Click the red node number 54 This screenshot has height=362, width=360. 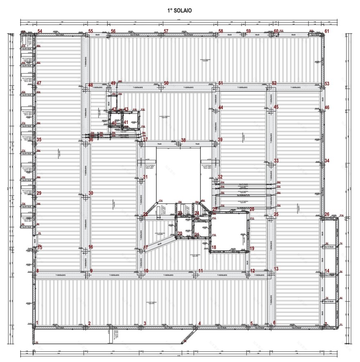click(40, 31)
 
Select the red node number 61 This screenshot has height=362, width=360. click(326, 31)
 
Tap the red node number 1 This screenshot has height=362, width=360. click(37, 323)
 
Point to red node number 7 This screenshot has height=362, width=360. click(326, 324)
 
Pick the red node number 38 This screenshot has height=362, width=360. click(183, 140)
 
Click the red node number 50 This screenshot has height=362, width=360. click(166, 83)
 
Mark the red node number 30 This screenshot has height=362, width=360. click(91, 193)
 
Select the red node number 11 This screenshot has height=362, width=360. click(200, 271)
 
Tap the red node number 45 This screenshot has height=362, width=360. click(276, 107)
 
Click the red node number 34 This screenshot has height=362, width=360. click(326, 161)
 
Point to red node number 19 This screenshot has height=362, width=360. click(252, 248)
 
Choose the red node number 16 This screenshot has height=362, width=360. click(91, 247)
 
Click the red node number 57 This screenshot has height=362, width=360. click(166, 31)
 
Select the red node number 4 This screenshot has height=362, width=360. click(199, 324)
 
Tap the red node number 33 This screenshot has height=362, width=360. click(276, 161)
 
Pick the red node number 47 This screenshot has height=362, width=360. click(39, 83)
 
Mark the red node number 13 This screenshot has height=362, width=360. click(276, 269)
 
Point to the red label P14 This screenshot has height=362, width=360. click(342, 215)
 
